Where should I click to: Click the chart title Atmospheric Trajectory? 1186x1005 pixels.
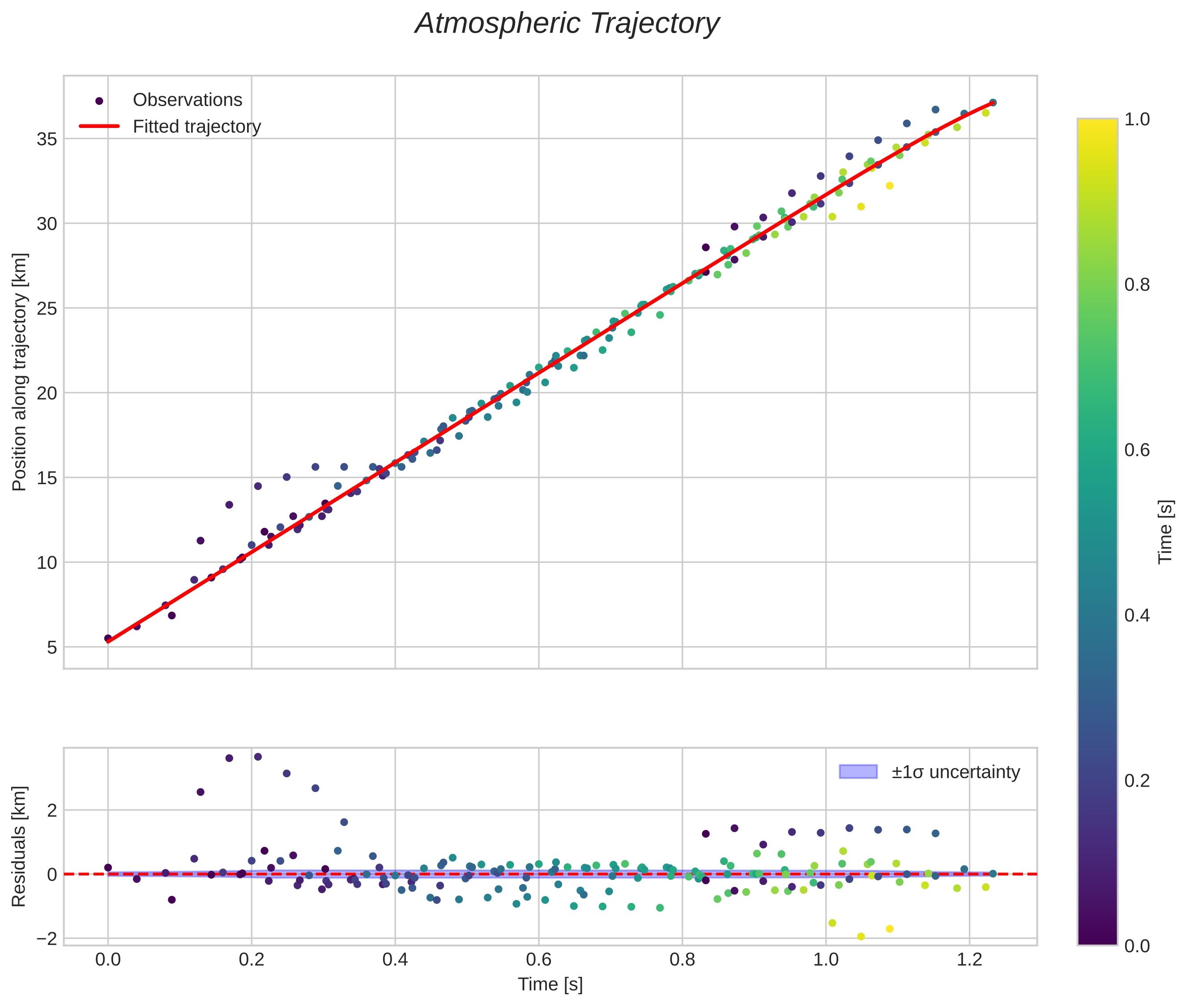[567, 24]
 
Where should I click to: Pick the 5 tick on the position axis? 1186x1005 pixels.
[52, 647]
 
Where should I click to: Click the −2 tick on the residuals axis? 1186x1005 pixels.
[47, 938]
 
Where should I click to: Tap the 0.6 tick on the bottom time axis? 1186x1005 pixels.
[538, 959]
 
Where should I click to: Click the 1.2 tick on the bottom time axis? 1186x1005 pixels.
[969, 959]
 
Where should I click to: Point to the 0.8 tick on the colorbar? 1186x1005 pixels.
[1137, 284]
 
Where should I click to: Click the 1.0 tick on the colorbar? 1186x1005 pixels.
[1137, 119]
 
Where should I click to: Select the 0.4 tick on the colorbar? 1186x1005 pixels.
[1137, 615]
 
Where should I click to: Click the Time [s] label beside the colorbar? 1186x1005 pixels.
[1165, 532]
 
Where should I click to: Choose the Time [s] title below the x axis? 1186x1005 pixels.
[550, 984]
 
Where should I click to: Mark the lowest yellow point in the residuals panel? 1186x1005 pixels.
[861, 937]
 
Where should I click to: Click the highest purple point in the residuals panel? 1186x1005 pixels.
[258, 757]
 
